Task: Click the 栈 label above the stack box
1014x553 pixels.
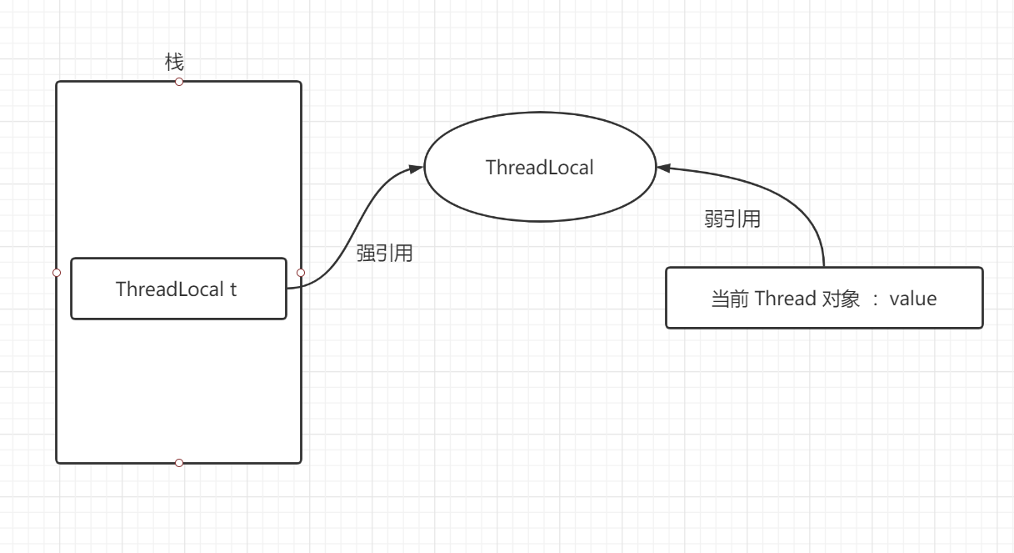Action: tap(174, 63)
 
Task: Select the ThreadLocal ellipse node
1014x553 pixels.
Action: tap(540, 167)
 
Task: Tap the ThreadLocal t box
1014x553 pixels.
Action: tap(178, 289)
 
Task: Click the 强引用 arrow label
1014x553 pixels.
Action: tap(385, 254)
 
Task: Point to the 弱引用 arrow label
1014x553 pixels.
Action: tap(732, 220)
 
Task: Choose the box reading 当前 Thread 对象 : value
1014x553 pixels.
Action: tap(824, 298)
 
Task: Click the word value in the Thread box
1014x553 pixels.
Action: tap(913, 299)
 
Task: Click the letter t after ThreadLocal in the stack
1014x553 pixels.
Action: tap(233, 289)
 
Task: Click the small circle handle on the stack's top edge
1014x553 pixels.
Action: tap(178, 82)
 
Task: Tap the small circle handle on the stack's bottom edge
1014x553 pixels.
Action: tap(178, 462)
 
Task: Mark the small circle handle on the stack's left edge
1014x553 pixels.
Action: tap(57, 272)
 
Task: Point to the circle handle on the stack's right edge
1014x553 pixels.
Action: tap(301, 272)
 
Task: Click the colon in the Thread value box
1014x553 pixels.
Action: tap(875, 299)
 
